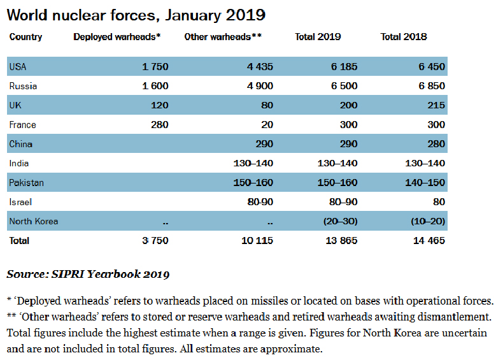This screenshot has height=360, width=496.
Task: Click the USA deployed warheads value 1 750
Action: point(155,66)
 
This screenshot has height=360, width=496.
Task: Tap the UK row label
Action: point(15,105)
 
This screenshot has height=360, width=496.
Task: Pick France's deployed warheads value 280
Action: point(160,125)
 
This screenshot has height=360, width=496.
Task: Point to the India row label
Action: point(19,164)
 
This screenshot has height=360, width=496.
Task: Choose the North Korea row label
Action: point(33,222)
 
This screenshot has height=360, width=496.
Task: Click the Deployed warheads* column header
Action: point(117,37)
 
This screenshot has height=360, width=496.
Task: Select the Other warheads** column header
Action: point(223,37)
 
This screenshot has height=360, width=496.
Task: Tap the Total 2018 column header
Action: point(404,37)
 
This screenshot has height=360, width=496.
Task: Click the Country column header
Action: point(25,37)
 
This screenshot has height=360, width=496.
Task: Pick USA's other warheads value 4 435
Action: point(260,66)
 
